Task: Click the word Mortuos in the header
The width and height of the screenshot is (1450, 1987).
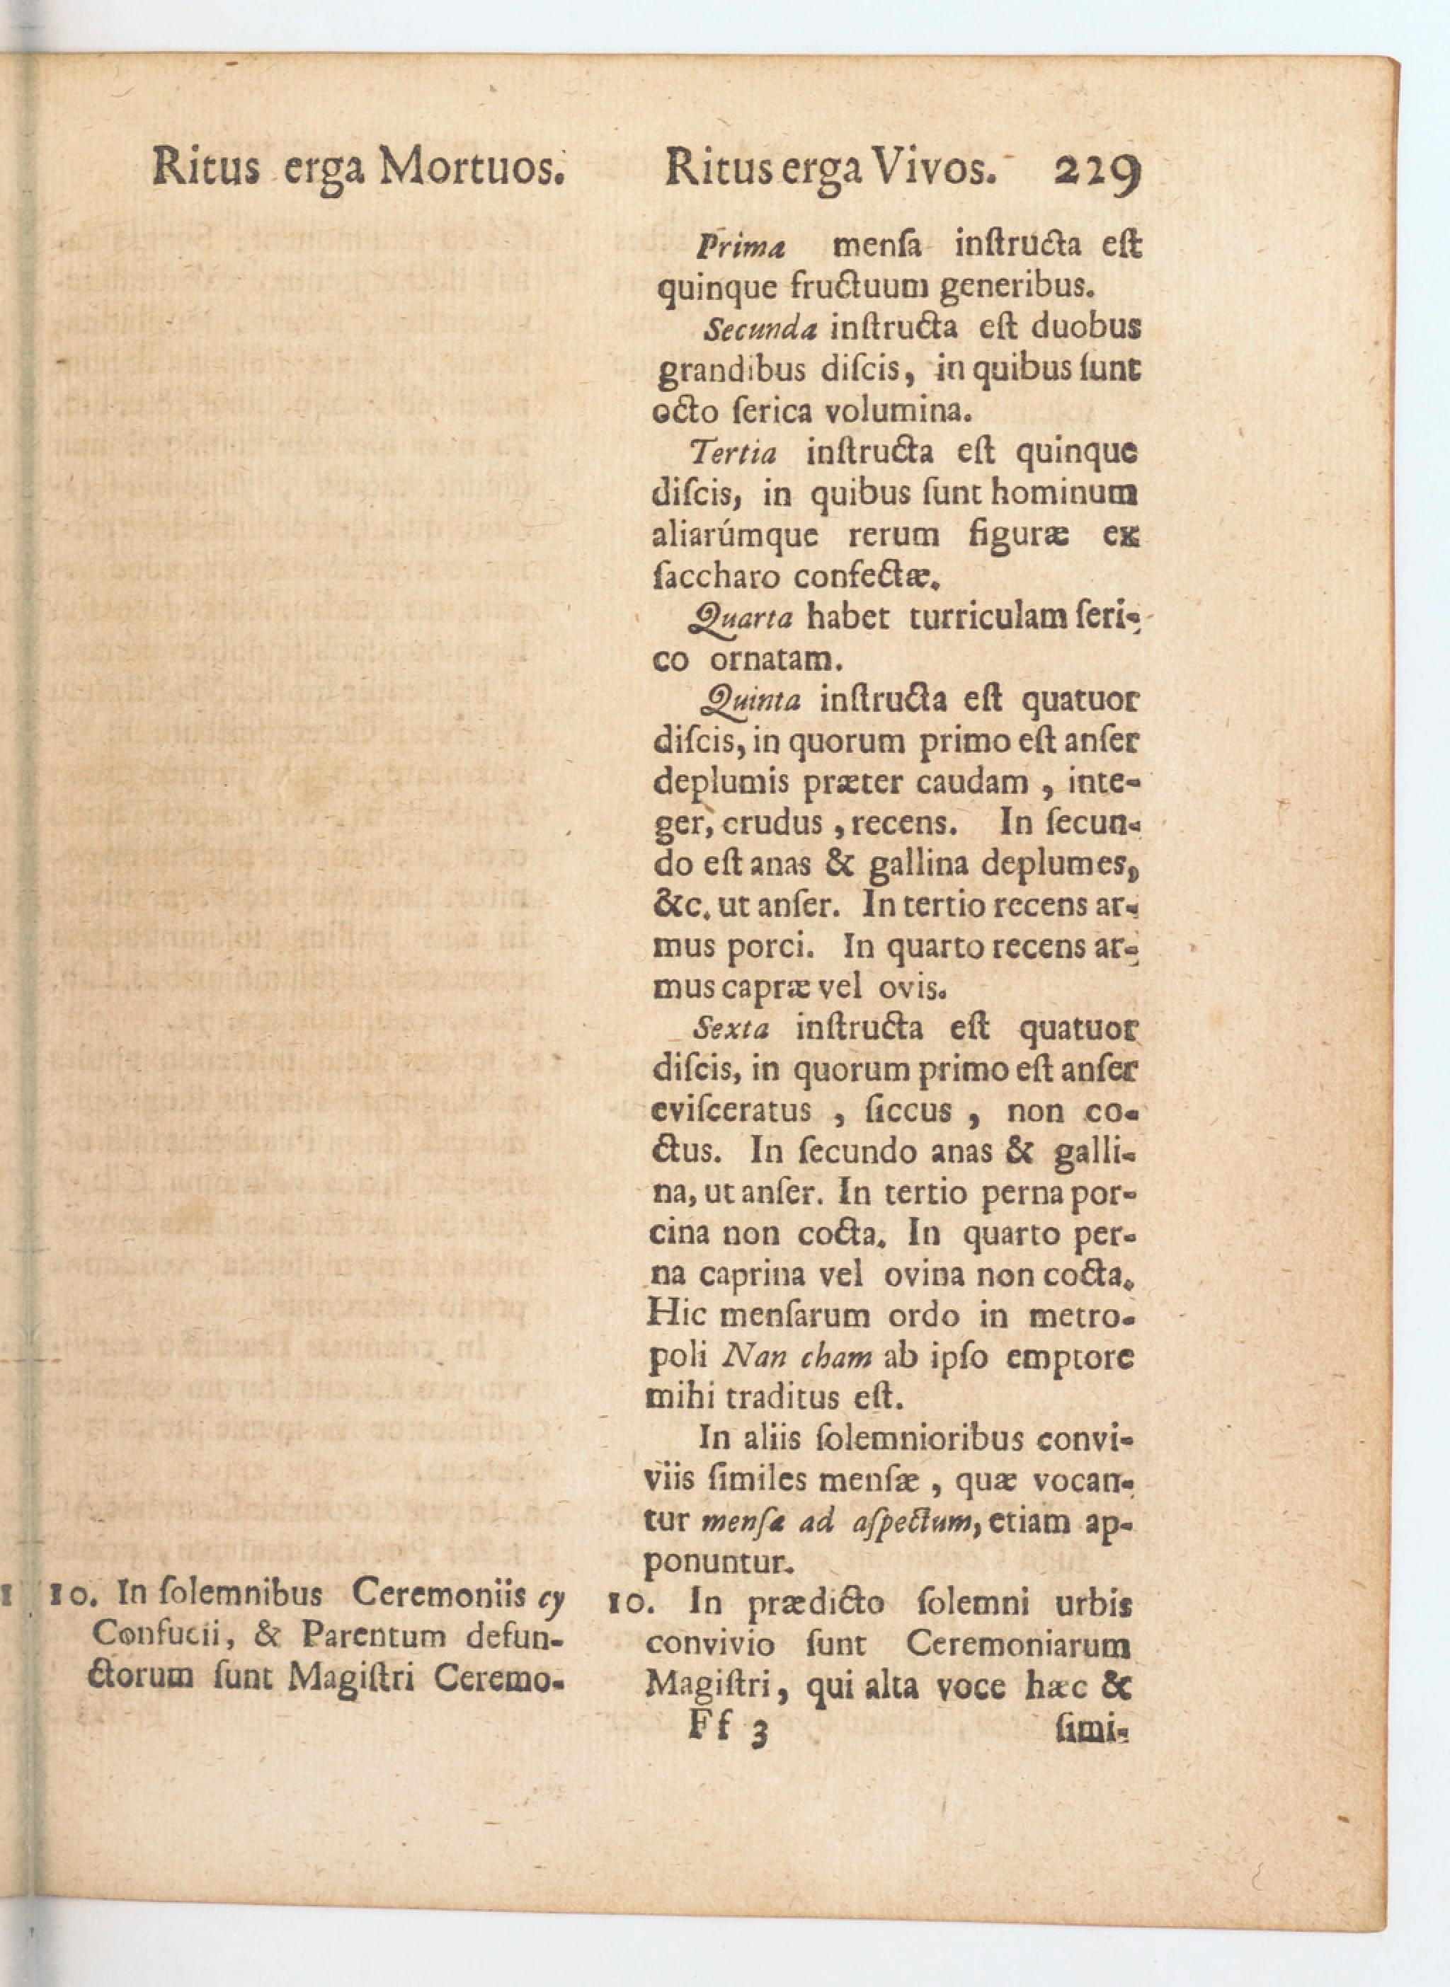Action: click(x=469, y=167)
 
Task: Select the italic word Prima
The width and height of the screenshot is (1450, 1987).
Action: click(x=739, y=248)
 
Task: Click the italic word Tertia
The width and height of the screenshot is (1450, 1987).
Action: click(x=733, y=454)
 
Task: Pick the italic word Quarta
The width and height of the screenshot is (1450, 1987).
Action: click(x=742, y=619)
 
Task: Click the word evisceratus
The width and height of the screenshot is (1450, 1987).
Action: click(x=732, y=1111)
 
